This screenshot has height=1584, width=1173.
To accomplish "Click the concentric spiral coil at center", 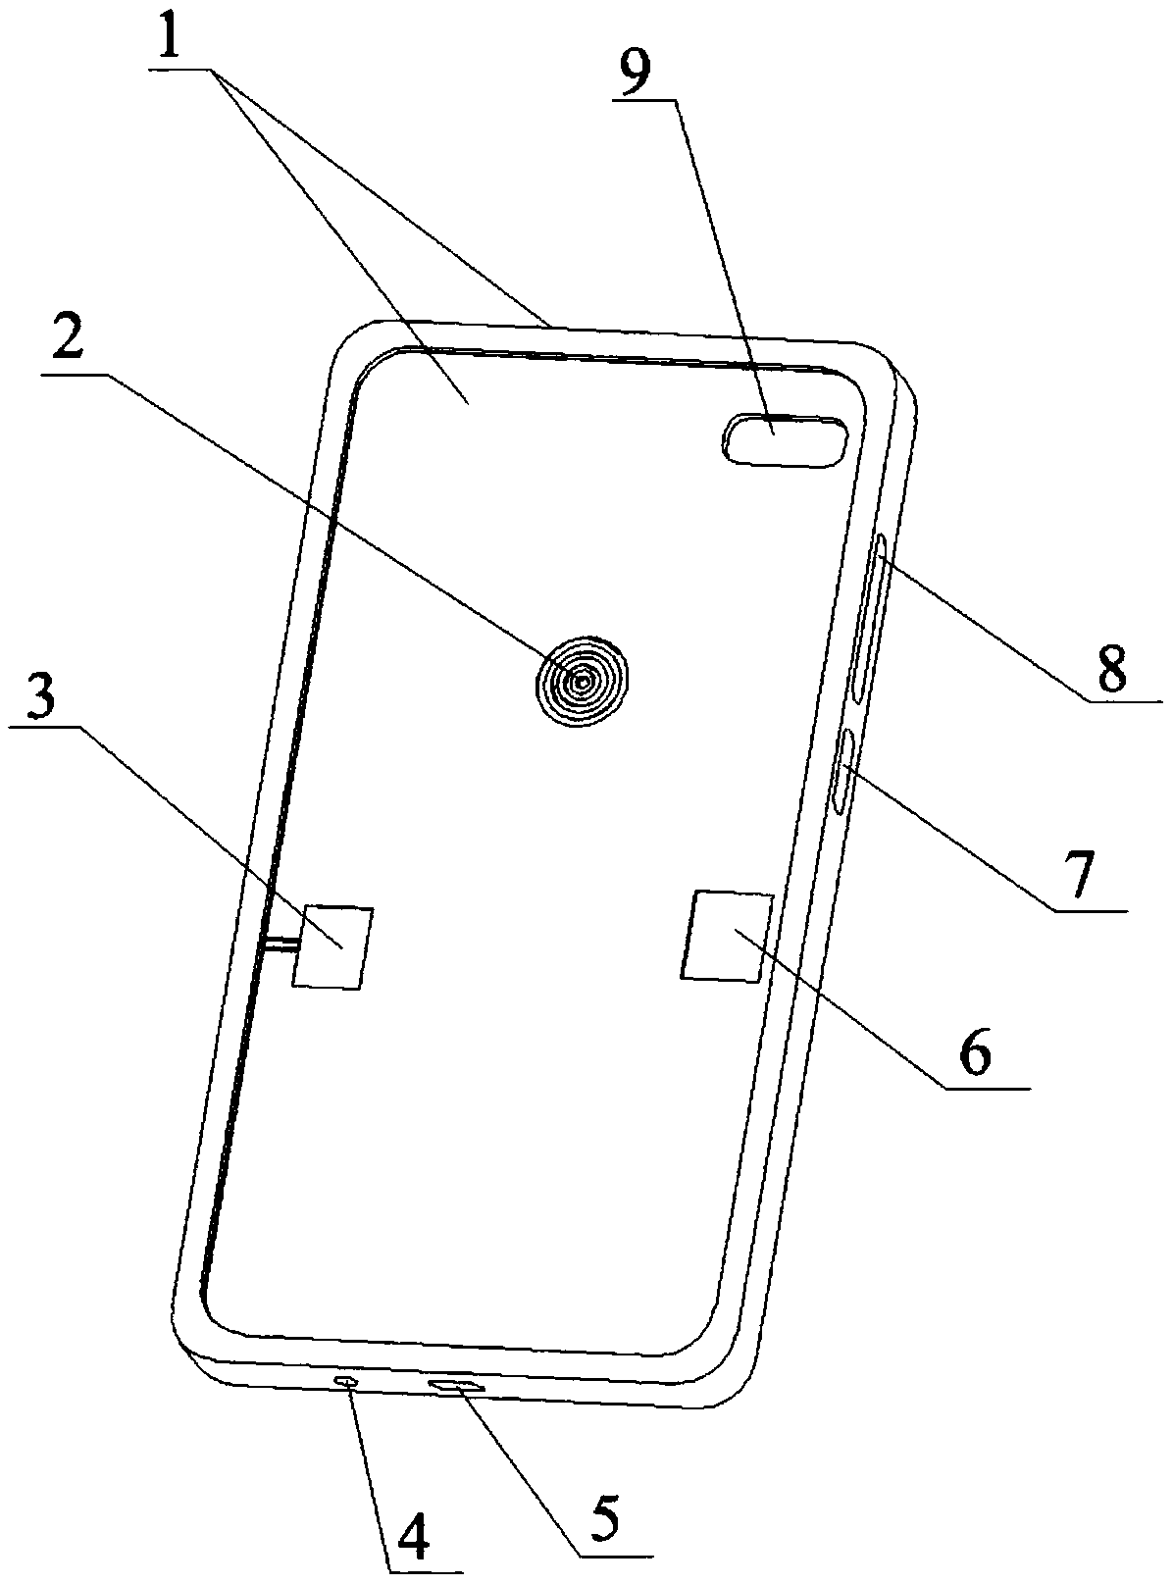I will (583, 680).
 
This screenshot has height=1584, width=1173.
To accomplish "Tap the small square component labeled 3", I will (333, 946).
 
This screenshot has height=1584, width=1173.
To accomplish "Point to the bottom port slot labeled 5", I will (457, 1385).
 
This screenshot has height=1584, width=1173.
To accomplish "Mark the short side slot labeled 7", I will (841, 771).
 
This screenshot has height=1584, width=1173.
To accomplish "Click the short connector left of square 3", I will (282, 945).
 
